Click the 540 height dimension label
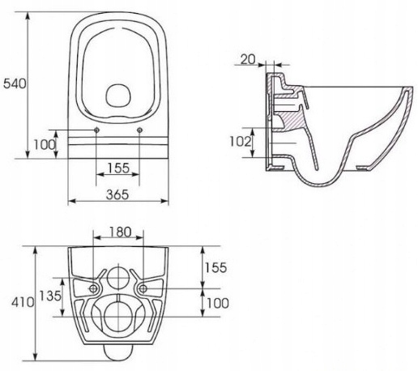click(15, 83)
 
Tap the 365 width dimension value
click(117, 194)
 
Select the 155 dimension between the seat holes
click(118, 168)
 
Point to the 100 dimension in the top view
click(45, 145)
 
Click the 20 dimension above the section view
click(248, 59)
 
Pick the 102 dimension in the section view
click(240, 142)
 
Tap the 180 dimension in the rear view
click(121, 232)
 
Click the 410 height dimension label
click(23, 302)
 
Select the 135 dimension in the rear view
click(50, 296)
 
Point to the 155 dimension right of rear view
click(215, 267)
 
